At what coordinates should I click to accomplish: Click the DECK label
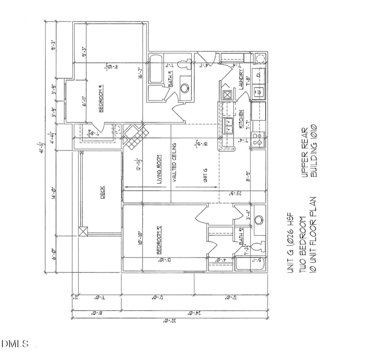point(103,193)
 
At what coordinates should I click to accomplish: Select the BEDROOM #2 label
point(159,240)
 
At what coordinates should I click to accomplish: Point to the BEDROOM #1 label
point(101,99)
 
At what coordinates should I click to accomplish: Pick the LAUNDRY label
point(242,79)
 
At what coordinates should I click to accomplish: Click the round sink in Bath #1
point(185,87)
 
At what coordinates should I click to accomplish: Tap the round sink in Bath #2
point(259,220)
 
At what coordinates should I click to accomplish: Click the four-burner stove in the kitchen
point(257,139)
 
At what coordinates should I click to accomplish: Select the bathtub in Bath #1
point(155,70)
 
